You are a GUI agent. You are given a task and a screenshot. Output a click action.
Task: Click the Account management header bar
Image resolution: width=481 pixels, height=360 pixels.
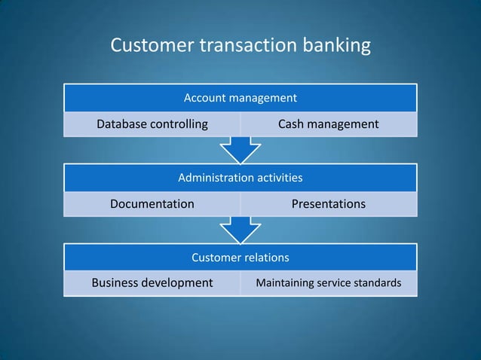pyautogui.click(x=240, y=98)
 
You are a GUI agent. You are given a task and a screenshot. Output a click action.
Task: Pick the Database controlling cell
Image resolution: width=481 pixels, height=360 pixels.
pyautogui.click(x=152, y=124)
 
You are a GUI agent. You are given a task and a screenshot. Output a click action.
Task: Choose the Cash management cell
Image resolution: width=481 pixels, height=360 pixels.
pyautogui.click(x=328, y=124)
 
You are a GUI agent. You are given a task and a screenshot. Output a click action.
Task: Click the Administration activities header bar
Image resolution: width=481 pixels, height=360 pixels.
pyautogui.click(x=240, y=178)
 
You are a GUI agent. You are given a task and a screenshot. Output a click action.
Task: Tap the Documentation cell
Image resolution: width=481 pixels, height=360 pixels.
pyautogui.click(x=152, y=204)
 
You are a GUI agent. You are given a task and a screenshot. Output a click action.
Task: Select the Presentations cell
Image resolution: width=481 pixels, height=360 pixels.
pyautogui.click(x=328, y=204)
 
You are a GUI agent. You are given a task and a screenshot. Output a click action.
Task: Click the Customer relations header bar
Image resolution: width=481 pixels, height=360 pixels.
pyautogui.click(x=240, y=258)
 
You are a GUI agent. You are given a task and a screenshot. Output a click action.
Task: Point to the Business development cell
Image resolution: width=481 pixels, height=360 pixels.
pyautogui.click(x=152, y=283)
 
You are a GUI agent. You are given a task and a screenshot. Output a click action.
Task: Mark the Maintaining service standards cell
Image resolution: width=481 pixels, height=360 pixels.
pyautogui.click(x=328, y=283)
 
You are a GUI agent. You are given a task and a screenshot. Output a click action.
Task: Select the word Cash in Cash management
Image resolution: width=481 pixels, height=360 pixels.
pyautogui.click(x=291, y=124)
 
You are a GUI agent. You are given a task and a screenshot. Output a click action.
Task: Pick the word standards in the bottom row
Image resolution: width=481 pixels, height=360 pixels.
pyautogui.click(x=377, y=283)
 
